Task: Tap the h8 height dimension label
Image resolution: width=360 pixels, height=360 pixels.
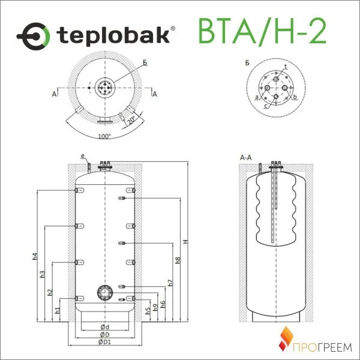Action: point(178,261)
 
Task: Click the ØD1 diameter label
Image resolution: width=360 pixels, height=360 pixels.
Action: point(104,342)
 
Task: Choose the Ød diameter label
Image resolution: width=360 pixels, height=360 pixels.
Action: point(104,326)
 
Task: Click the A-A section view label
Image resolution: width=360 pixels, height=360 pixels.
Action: point(245,158)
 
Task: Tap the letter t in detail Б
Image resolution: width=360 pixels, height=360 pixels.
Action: point(285,65)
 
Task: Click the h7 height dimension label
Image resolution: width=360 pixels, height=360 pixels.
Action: point(170,283)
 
